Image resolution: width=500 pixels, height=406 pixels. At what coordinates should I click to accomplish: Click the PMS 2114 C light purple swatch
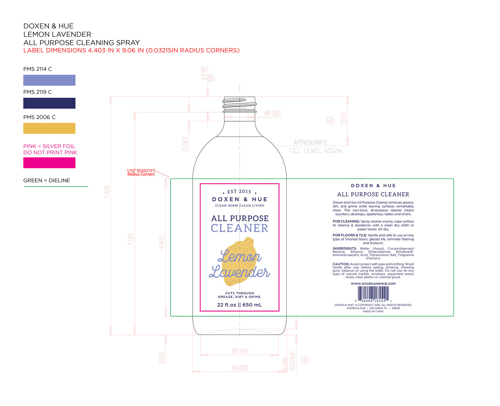point(49,80)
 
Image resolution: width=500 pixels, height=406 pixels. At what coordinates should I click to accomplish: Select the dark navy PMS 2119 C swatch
point(49,103)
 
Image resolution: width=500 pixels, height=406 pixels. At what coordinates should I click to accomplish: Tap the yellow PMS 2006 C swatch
point(49,128)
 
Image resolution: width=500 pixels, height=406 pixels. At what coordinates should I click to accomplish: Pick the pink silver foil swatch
point(49,163)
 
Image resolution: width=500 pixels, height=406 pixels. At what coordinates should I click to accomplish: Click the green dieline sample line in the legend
point(56,187)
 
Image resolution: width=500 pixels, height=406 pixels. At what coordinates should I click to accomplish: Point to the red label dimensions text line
point(131,50)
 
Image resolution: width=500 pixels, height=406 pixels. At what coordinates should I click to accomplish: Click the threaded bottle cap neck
point(239,105)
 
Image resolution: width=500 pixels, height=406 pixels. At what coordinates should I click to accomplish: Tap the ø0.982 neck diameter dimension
point(273,113)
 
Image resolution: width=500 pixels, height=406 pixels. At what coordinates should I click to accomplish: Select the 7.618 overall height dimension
point(107,192)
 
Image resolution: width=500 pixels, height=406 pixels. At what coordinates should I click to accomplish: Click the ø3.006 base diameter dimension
point(240,368)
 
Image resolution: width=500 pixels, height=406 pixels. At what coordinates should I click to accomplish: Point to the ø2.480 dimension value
point(240,351)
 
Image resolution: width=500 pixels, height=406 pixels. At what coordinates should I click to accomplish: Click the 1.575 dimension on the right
point(344,119)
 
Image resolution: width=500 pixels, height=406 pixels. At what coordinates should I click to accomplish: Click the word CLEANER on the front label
point(239,228)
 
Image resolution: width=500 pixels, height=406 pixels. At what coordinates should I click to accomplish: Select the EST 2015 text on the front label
point(239,192)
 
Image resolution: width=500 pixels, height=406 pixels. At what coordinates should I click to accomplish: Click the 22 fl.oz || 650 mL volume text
point(239,305)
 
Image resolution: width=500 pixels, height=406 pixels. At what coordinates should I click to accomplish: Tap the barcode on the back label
point(373,293)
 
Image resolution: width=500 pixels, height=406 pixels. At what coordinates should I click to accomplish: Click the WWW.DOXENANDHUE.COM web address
point(373,284)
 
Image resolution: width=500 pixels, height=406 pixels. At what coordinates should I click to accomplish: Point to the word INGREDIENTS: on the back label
point(345,249)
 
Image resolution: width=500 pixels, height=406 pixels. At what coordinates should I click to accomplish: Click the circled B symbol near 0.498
point(211,78)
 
